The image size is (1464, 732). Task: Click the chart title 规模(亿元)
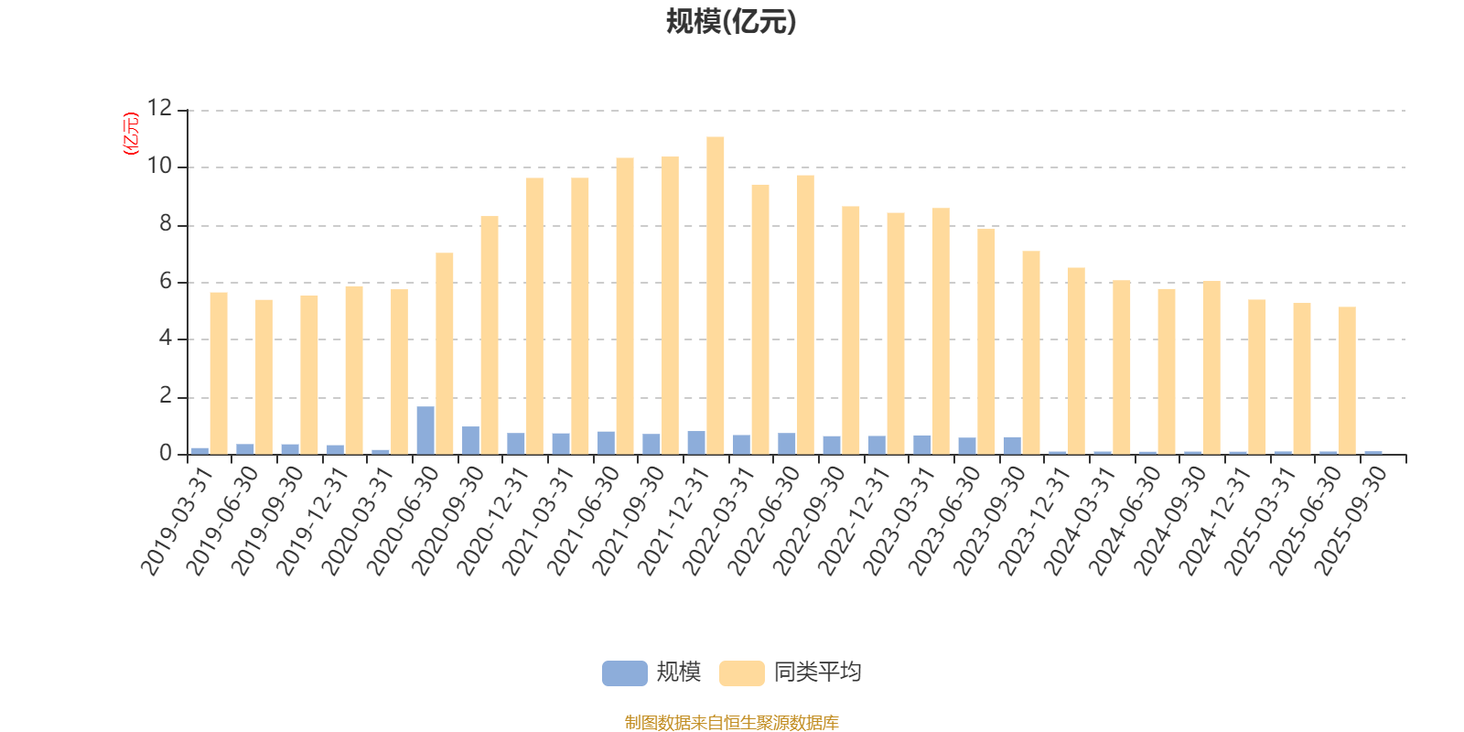tap(730, 22)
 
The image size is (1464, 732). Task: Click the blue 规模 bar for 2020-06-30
tap(425, 430)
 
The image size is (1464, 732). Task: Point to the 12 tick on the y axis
tap(159, 109)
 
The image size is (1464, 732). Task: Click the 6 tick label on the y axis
tap(166, 282)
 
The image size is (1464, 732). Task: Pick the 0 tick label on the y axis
tap(166, 454)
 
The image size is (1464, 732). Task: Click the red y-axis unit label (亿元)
tap(131, 134)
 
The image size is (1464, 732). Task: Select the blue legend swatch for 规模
tap(624, 673)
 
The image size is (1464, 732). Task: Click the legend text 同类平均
tap(817, 673)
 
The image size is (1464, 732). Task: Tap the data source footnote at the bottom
tap(731, 723)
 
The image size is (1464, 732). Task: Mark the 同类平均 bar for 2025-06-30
tap(1347, 380)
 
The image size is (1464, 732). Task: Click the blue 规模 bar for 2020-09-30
tap(470, 440)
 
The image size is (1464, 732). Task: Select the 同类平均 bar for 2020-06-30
tap(445, 353)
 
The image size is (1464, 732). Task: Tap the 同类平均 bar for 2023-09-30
tap(1031, 352)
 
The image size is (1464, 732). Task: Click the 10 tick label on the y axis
tap(159, 167)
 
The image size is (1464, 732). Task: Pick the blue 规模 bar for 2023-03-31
tap(922, 445)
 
